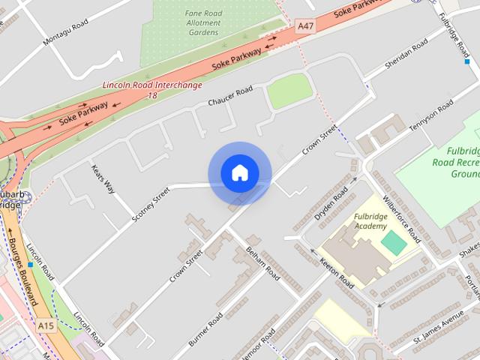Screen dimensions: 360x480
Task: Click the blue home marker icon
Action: [x=239, y=172]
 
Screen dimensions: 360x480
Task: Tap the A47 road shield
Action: [x=305, y=25]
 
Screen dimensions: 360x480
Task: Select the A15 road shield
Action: [x=46, y=325]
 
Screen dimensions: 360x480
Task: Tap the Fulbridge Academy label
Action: [x=370, y=221]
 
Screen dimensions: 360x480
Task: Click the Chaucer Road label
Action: [x=230, y=97]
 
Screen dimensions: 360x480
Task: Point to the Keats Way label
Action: [x=103, y=178]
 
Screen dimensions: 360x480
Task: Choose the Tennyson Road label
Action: [x=431, y=117]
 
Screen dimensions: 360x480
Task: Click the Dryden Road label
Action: [x=331, y=203]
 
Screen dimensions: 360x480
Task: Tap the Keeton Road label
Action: [x=336, y=271]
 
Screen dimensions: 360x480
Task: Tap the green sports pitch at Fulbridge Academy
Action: [x=393, y=241]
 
